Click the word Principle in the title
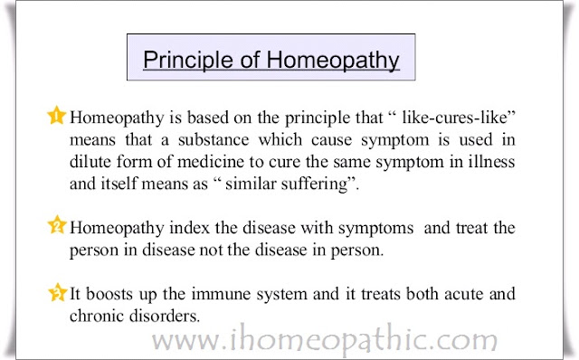click(x=188, y=61)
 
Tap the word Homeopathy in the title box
click(x=333, y=61)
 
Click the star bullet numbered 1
click(x=56, y=115)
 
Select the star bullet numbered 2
click(x=57, y=224)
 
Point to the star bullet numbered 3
click(x=58, y=292)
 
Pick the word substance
click(x=214, y=139)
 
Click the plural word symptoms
click(x=376, y=229)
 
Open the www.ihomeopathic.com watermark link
click(x=325, y=340)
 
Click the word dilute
click(x=90, y=162)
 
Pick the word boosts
click(x=109, y=294)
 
